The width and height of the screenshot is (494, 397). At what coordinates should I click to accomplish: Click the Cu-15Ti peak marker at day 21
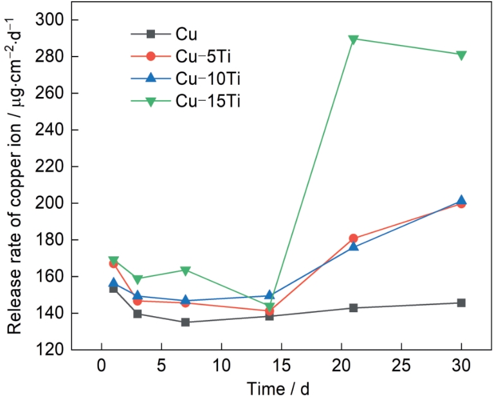pos(353,39)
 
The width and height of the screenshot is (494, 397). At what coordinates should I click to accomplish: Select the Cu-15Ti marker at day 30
pos(461,55)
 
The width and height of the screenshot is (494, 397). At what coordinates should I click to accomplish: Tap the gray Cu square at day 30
pos(461,303)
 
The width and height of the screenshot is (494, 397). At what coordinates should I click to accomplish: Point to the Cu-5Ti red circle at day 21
pos(353,238)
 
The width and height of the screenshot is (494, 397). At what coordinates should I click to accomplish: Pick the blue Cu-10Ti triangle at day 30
pos(461,200)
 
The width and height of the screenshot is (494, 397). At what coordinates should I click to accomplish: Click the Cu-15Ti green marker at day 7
pos(185,270)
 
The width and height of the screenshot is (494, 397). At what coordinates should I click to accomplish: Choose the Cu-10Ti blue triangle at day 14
pos(270,295)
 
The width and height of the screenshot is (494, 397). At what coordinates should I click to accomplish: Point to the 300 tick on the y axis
pos(50,20)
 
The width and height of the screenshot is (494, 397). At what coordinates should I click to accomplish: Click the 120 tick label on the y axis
pos(50,350)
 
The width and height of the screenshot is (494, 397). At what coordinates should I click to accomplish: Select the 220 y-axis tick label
pos(50,166)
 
